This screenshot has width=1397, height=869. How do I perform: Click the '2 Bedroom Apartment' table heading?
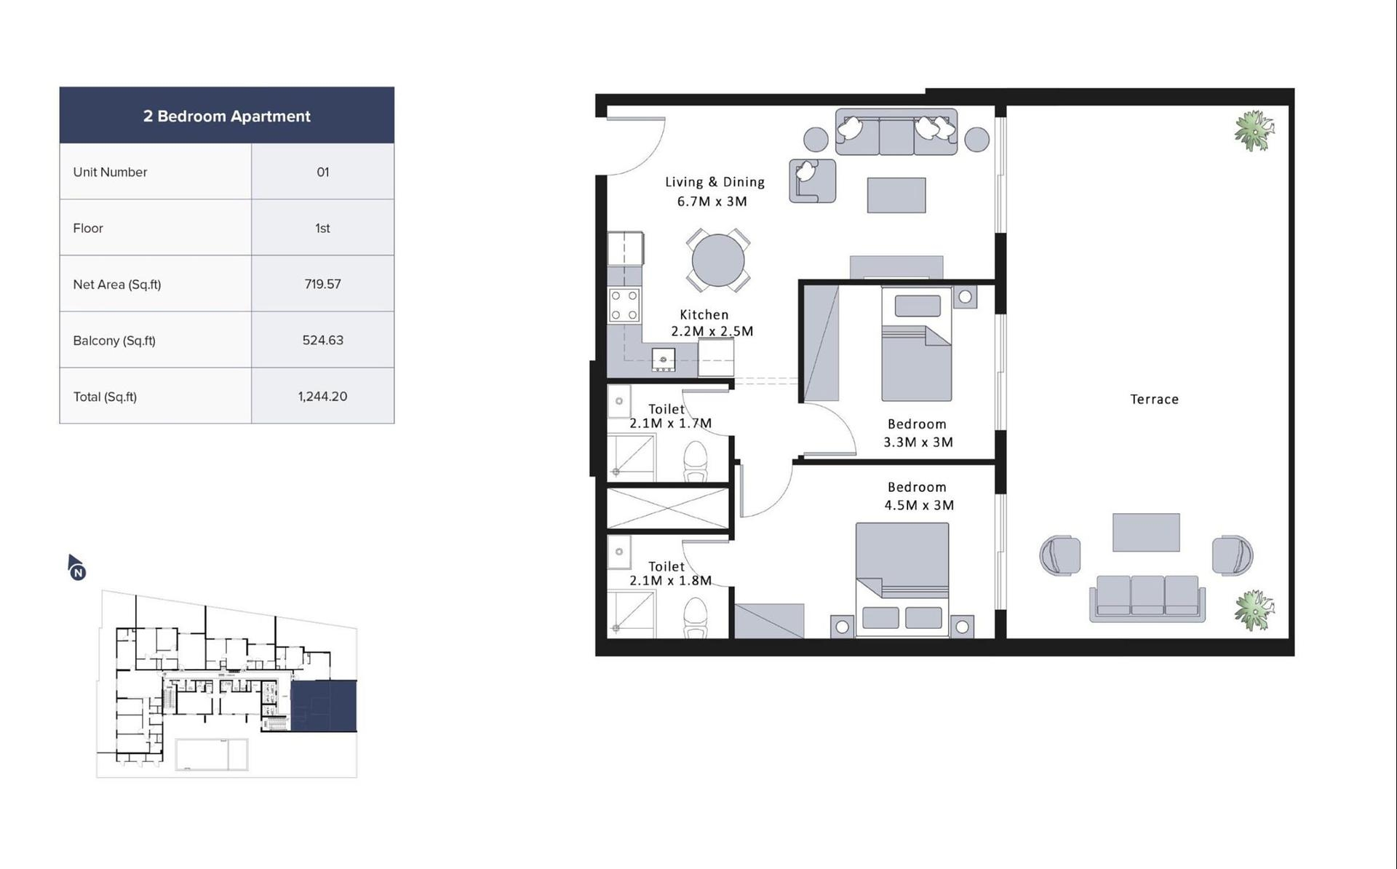click(226, 116)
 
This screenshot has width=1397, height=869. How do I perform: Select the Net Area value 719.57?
click(322, 284)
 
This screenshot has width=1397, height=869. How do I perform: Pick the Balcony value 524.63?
click(322, 340)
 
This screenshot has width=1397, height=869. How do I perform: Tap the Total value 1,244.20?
click(322, 397)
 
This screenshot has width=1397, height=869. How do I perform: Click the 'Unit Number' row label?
click(110, 172)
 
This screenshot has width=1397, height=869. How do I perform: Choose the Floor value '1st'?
click(322, 228)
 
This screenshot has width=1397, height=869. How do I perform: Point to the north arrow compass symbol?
click(76, 567)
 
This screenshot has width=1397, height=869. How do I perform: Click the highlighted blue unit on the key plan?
click(323, 706)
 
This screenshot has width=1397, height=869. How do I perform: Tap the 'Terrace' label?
click(1154, 399)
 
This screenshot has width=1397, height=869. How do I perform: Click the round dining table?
click(717, 260)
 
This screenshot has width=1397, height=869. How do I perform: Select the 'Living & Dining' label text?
click(715, 182)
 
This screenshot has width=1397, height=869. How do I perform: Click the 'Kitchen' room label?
click(704, 314)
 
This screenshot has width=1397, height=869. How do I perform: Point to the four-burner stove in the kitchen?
click(624, 305)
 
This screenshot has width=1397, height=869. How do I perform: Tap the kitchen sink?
click(663, 360)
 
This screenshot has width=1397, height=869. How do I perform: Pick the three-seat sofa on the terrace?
click(1147, 598)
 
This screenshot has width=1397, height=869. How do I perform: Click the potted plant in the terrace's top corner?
click(1253, 130)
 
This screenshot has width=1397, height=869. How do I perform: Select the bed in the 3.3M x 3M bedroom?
click(916, 344)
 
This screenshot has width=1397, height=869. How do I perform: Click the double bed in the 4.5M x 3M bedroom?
click(902, 579)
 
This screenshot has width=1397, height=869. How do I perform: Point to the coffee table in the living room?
click(896, 195)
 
